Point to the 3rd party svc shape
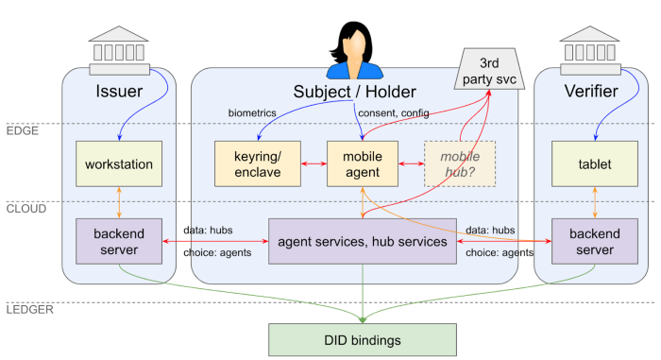(497, 69)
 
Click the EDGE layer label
(23, 130)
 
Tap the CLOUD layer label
(26, 209)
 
